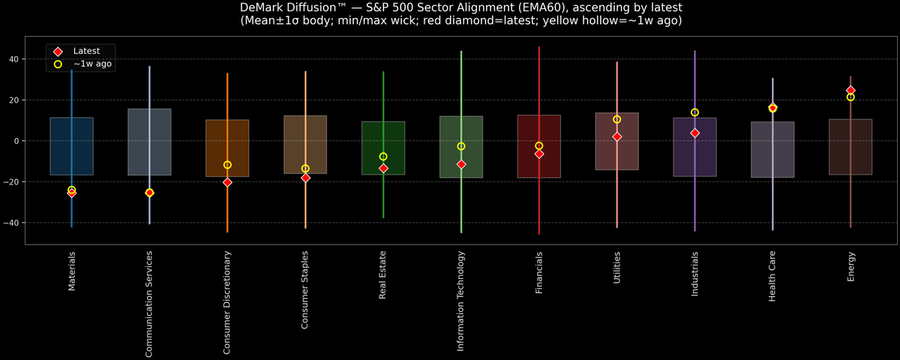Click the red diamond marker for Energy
point(850,90)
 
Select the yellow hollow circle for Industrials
point(694,112)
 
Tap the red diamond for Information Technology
point(461,164)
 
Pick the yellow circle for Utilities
point(617,119)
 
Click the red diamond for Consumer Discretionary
point(227,182)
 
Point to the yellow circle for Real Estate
point(383,157)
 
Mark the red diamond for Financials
point(539,154)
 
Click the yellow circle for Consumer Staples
point(305,169)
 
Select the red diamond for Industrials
point(694,133)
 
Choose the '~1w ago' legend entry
point(92,64)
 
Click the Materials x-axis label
point(72,271)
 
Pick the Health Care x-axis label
point(772,277)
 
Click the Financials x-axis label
point(539,273)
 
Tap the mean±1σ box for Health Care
point(772,150)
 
